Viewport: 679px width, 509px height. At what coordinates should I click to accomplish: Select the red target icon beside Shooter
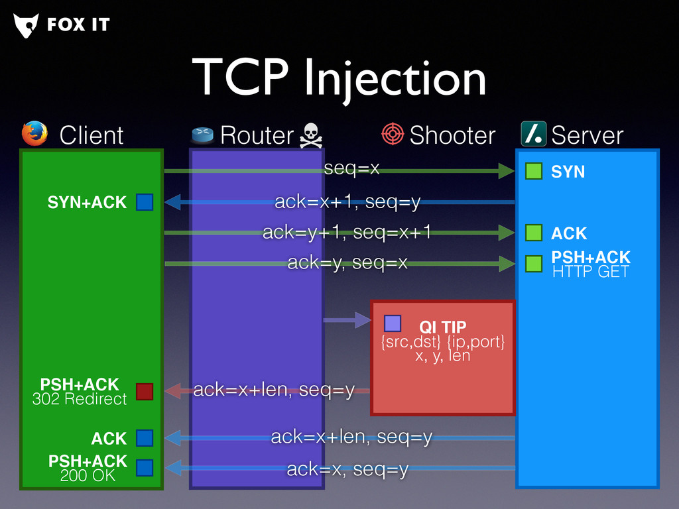point(393,134)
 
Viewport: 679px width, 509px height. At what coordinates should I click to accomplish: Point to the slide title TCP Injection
point(339,78)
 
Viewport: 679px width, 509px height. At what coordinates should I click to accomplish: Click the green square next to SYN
point(534,171)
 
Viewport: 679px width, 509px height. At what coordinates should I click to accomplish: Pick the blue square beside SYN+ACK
point(145,202)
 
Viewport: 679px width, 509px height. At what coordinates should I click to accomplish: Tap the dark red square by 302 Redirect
point(145,392)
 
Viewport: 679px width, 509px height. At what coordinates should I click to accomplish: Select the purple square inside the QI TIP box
point(393,323)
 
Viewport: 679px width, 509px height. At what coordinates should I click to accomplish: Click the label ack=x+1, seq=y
point(347,202)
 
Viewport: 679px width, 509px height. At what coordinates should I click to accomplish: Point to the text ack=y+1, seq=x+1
point(347,233)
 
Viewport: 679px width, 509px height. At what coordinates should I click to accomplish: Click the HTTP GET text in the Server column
point(590,271)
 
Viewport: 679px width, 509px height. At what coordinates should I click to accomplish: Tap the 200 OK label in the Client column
point(88,475)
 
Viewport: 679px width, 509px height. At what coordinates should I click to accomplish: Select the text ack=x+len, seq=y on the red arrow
point(274,390)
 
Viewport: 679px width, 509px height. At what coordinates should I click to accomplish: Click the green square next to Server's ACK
point(534,233)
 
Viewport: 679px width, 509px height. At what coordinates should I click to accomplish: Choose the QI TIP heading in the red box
point(442,327)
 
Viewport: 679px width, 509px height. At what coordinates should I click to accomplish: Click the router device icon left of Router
point(203,135)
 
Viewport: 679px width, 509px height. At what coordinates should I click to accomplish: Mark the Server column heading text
point(587,135)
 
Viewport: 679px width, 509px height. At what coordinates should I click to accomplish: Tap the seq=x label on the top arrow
point(351,169)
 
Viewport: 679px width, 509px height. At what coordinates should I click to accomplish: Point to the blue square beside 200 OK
point(145,469)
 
